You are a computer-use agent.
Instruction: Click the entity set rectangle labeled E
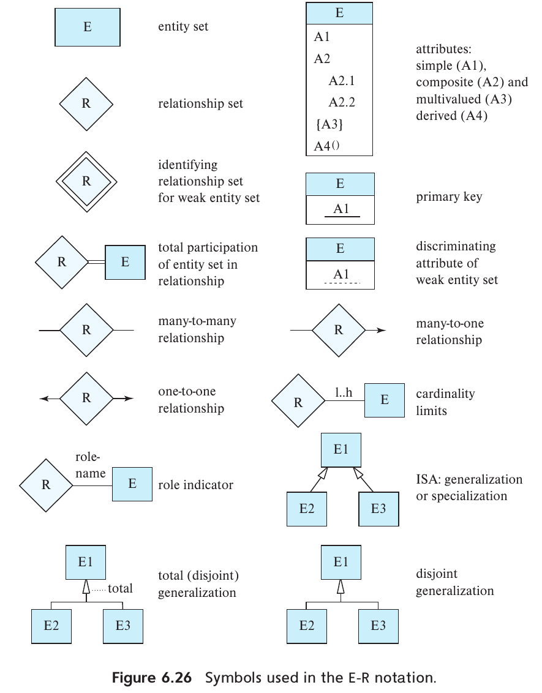[x=87, y=28]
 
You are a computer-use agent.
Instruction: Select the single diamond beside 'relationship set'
[x=86, y=103]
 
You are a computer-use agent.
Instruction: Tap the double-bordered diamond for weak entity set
[x=86, y=181]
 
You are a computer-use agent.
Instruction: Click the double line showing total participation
[x=97, y=262]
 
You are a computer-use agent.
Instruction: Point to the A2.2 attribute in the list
[x=341, y=102]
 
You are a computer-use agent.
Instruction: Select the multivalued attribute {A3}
[x=329, y=124]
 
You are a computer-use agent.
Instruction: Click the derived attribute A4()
[x=326, y=146]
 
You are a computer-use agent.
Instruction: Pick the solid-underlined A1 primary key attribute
[x=341, y=209]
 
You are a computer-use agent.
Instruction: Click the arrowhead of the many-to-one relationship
[x=381, y=331]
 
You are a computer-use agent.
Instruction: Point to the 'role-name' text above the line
[x=89, y=465]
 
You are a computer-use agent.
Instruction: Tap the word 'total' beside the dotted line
[x=120, y=588]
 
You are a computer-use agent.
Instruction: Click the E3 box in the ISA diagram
[x=378, y=509]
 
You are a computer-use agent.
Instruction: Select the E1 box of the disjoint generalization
[x=341, y=561]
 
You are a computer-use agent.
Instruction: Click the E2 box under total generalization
[x=51, y=626]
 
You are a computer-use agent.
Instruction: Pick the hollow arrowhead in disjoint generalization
[x=341, y=586]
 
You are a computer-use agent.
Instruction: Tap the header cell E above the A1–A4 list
[x=339, y=13]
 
